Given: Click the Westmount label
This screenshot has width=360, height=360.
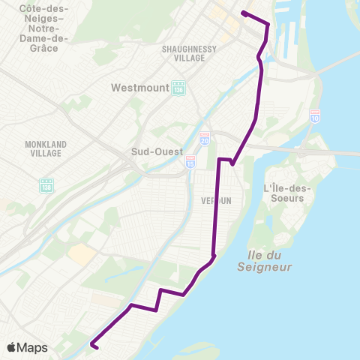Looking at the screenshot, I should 139,88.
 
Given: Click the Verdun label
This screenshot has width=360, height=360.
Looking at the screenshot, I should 215,201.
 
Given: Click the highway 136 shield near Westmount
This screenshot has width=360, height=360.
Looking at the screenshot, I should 178,88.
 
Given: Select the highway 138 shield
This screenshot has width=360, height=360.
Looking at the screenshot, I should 46,184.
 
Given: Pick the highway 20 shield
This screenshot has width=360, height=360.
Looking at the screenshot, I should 205,139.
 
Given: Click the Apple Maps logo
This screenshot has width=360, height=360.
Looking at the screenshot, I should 27,347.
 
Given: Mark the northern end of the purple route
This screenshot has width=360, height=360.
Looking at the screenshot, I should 244,13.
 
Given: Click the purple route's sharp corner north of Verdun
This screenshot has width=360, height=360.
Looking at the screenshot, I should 219,160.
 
